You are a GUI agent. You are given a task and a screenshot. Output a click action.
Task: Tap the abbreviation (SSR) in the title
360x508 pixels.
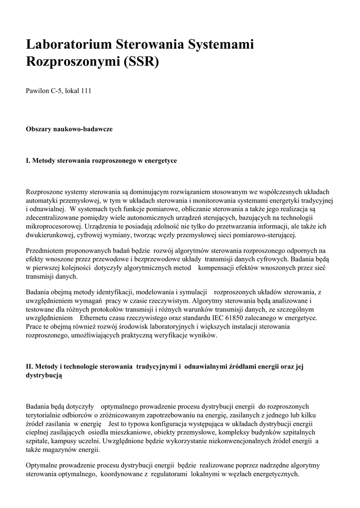(x=140, y=62)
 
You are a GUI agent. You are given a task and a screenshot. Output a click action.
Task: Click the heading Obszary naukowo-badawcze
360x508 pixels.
(x=69, y=129)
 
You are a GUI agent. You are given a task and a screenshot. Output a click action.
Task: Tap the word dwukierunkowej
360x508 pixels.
(x=49, y=234)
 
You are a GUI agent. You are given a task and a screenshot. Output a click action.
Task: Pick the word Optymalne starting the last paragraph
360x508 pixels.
(x=44, y=465)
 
